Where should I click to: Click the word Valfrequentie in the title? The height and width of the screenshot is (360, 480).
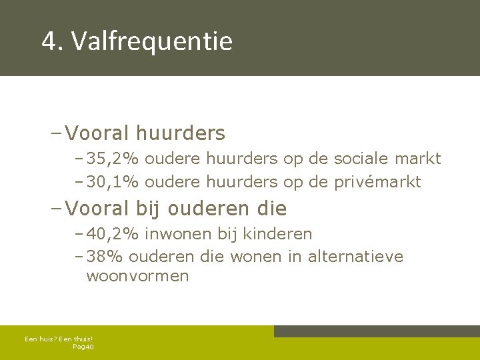pos(152,41)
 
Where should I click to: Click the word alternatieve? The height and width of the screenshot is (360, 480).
pos(355,257)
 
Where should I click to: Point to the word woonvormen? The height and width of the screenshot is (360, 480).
pos(137,276)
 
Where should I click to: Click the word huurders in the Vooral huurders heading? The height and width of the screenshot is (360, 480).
pos(181,133)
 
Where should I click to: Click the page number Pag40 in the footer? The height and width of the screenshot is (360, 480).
pos(83,347)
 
